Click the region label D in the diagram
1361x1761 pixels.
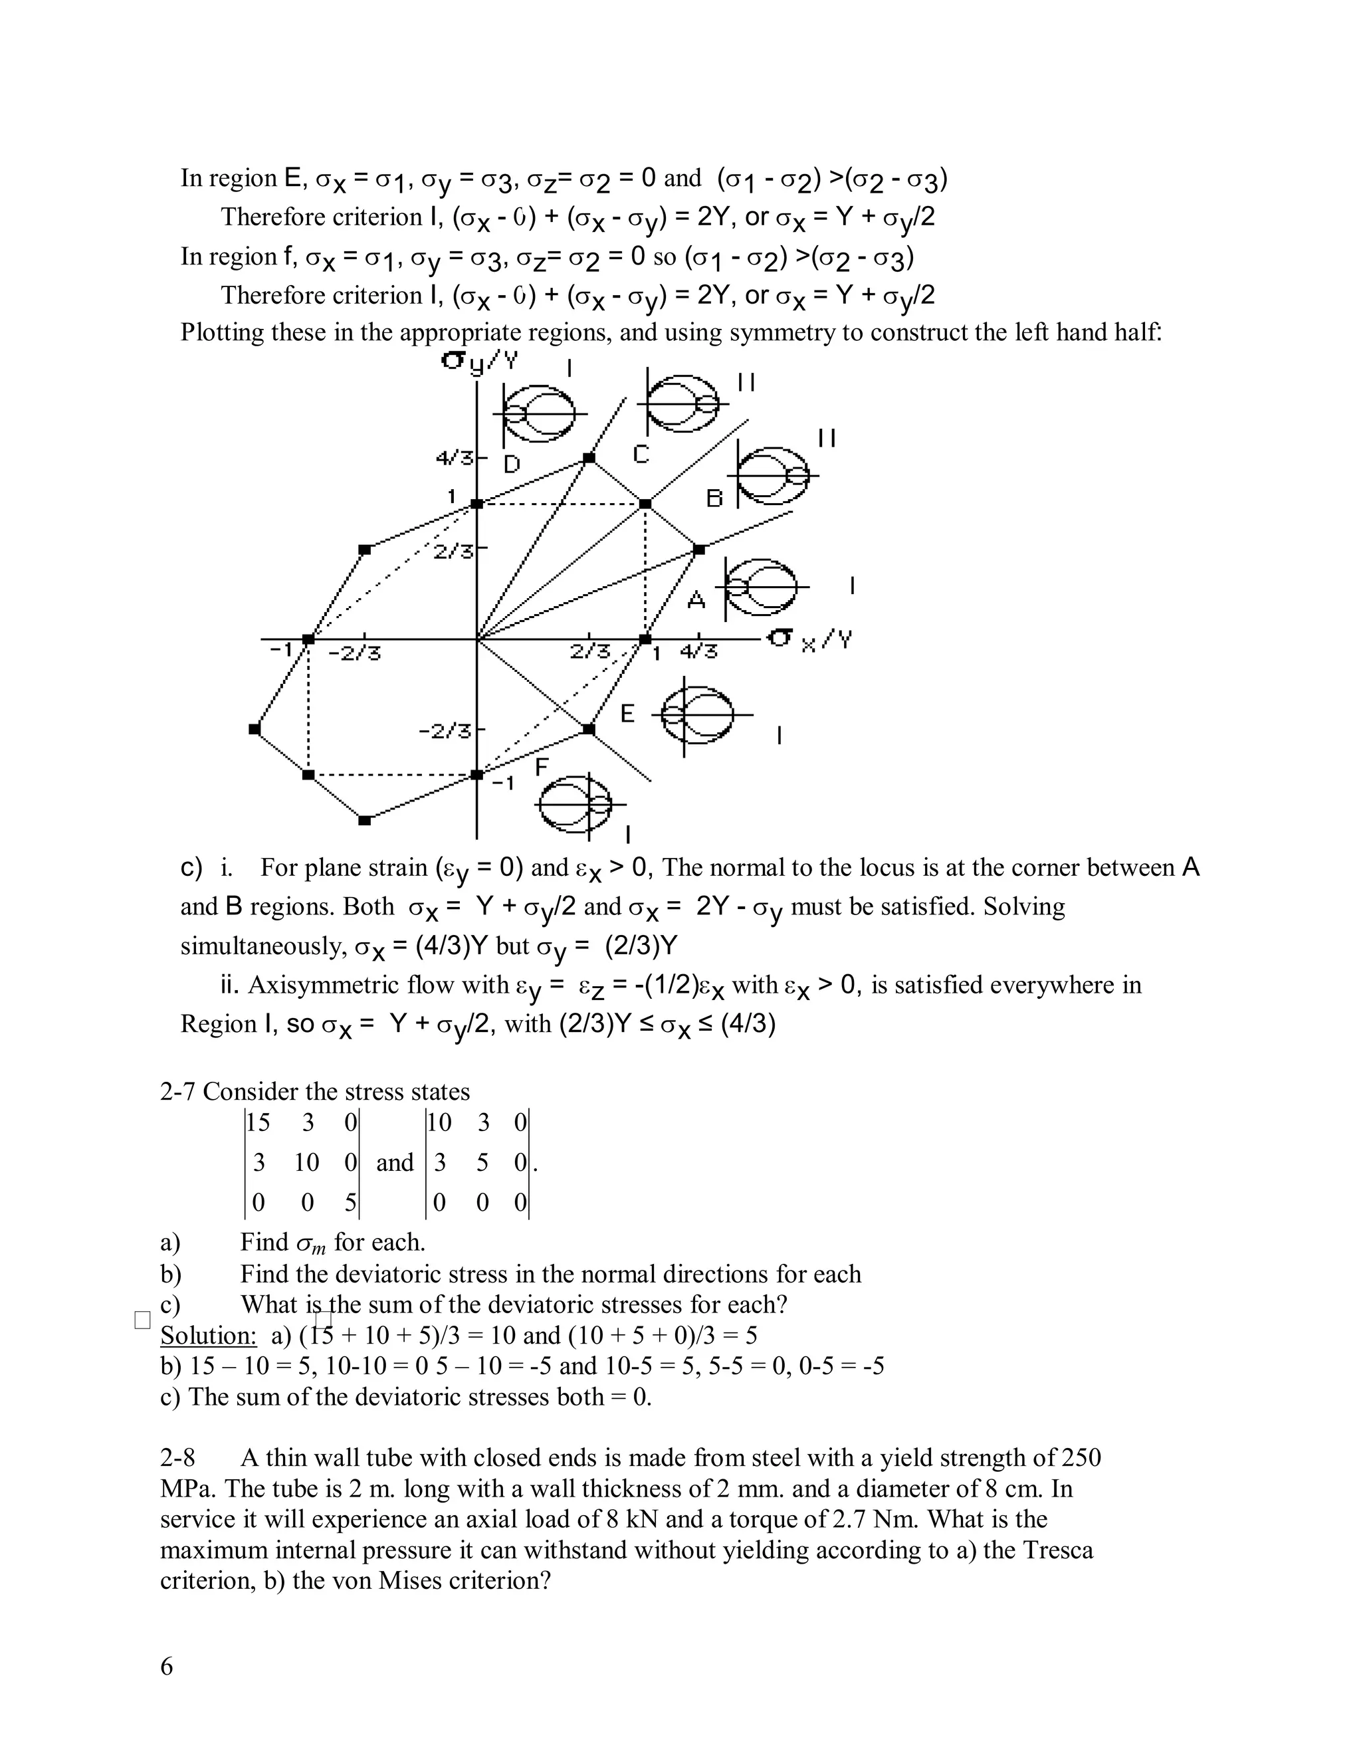coord(512,465)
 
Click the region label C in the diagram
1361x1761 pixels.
coord(641,455)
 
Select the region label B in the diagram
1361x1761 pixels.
coord(714,498)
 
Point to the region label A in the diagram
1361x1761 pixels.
coord(696,599)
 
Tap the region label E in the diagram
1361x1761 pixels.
coord(628,714)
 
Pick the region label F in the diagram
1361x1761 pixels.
coord(542,767)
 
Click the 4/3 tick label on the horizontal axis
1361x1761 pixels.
coord(698,651)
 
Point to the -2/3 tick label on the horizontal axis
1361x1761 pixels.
coord(354,651)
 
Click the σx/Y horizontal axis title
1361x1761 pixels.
coord(809,640)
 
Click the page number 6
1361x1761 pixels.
coord(167,1666)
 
